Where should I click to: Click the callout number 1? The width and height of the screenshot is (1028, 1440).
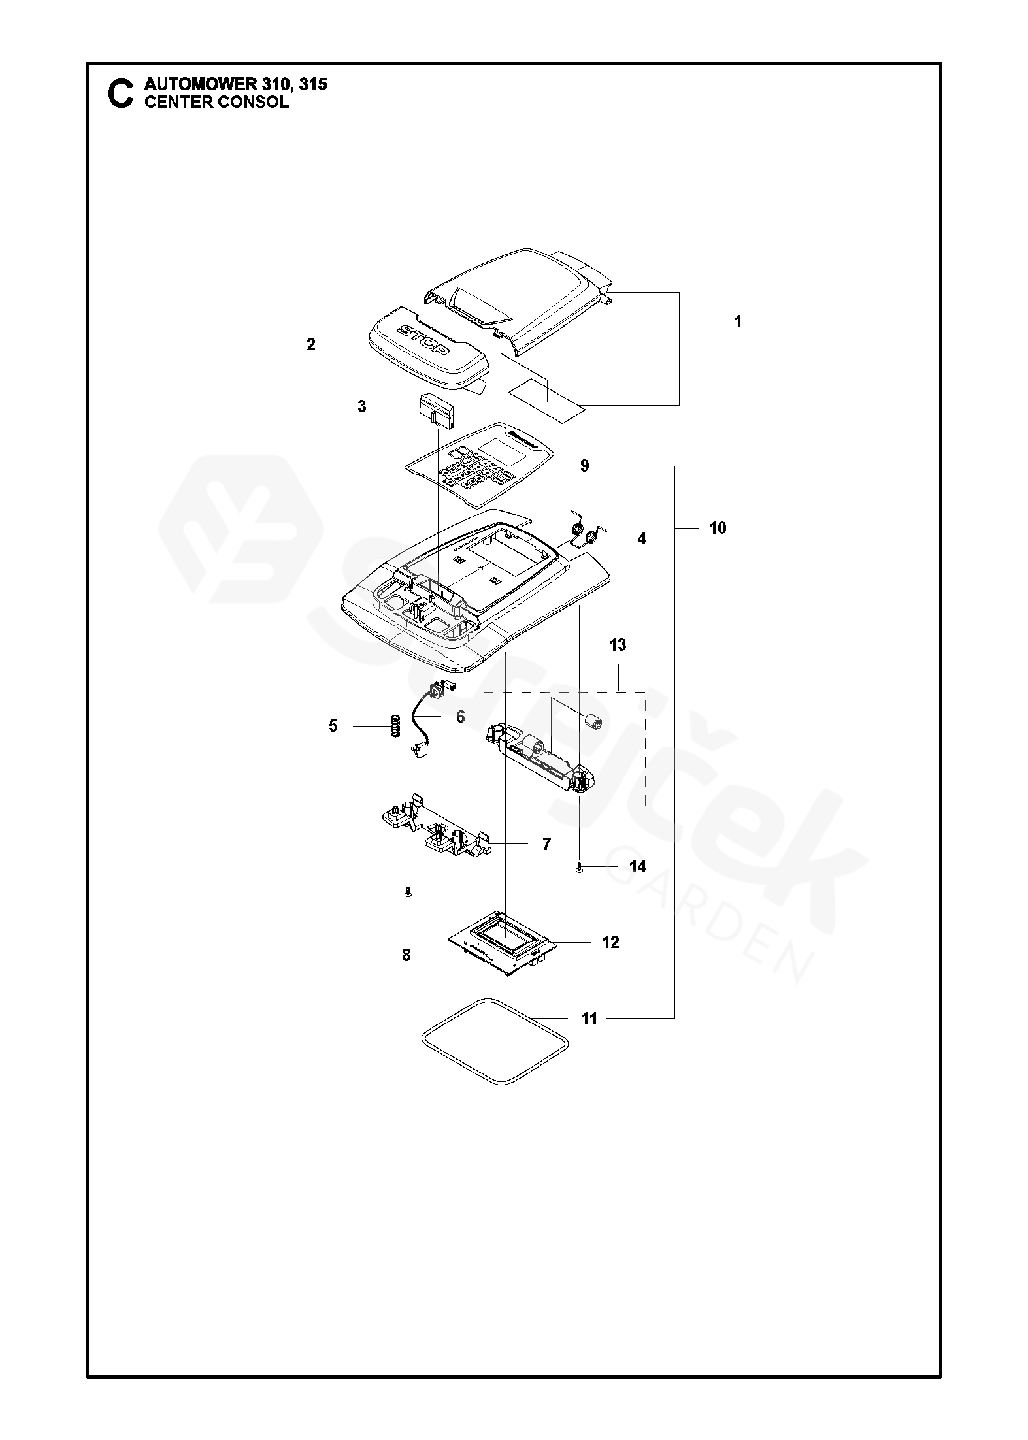click(x=738, y=322)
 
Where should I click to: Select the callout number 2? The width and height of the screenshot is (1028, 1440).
click(x=311, y=344)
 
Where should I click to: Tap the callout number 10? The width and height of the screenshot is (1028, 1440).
click(x=718, y=528)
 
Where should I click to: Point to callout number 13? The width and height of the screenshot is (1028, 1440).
click(x=618, y=645)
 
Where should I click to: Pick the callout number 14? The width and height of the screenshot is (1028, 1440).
click(x=638, y=866)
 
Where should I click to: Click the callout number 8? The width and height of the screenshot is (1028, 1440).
click(x=406, y=955)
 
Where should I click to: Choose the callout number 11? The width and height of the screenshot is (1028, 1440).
click(x=589, y=1019)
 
